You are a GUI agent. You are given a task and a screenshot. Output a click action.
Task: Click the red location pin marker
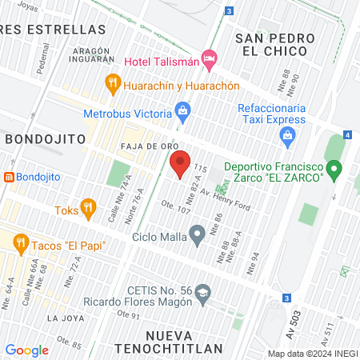[x=179, y=164]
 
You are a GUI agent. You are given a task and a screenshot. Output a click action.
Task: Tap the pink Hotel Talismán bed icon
[x=209, y=57]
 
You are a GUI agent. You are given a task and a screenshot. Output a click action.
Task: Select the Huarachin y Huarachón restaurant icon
[x=113, y=82]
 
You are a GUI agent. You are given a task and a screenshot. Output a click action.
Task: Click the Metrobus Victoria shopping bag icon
[x=183, y=109]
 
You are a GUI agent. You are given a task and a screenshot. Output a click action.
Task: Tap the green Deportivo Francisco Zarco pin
[x=335, y=170]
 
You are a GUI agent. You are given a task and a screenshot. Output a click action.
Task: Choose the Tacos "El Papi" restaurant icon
[x=20, y=240]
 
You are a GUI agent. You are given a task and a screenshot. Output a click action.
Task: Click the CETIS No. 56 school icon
[x=204, y=293]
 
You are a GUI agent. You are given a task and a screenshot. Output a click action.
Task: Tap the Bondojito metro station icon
[x=8, y=176]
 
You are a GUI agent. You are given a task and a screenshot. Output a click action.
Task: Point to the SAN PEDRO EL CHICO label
[x=271, y=44]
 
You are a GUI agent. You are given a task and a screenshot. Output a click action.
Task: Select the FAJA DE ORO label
[x=144, y=147]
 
